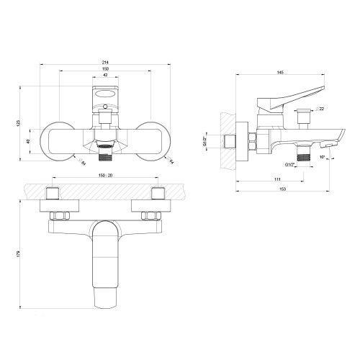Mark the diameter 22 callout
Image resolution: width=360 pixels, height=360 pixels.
(x=320, y=108)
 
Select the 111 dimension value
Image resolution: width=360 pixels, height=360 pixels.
(x=276, y=179)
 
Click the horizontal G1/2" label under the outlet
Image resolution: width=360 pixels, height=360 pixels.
(x=291, y=164)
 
